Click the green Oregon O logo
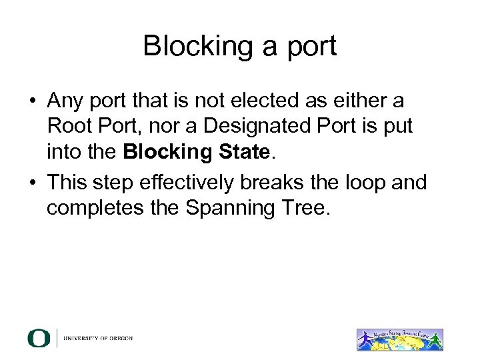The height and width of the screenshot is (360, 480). click(x=38, y=338)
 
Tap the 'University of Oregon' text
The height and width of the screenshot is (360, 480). click(x=98, y=339)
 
